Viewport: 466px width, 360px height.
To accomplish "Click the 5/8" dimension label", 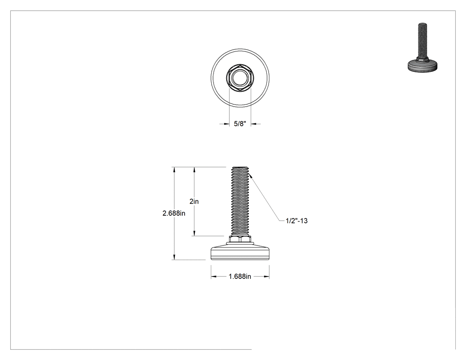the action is [x=240, y=124].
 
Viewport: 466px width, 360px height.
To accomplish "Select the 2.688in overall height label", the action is [x=174, y=213].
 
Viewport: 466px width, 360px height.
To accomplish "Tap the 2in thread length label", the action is [x=194, y=201].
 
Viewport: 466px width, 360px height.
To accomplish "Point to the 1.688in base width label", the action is [x=240, y=277].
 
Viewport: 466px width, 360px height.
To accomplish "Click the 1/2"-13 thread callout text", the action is [x=296, y=221].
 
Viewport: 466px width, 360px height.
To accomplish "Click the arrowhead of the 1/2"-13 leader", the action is [x=250, y=176].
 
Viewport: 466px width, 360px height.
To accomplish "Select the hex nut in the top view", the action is [x=240, y=78].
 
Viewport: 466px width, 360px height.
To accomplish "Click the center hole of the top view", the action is [x=240, y=78].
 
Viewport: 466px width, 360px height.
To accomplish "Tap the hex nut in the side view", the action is [x=240, y=239].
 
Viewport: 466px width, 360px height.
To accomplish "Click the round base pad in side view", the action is [x=240, y=252].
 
